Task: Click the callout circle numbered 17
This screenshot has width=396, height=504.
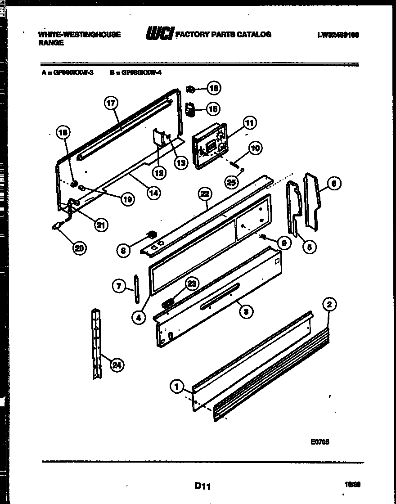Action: [111, 103]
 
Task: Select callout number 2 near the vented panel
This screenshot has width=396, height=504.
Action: [329, 305]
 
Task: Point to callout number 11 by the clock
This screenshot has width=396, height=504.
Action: [249, 122]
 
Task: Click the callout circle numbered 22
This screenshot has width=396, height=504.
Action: [205, 194]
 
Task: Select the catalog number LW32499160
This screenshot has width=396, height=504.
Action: [337, 35]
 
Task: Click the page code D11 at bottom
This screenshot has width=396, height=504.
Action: [202, 486]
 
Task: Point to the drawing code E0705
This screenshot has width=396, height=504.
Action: [320, 442]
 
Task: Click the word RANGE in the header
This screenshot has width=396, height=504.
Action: [51, 43]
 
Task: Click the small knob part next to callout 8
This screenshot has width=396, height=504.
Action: [152, 234]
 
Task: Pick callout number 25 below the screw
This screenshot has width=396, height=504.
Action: [231, 181]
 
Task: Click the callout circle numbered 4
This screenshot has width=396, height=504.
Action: [139, 317]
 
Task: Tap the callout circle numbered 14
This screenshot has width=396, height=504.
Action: [153, 193]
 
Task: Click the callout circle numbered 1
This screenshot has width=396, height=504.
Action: [177, 386]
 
